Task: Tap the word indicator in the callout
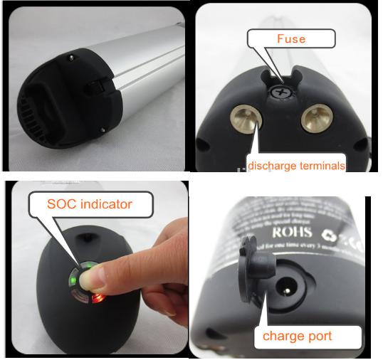pos(106,204)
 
